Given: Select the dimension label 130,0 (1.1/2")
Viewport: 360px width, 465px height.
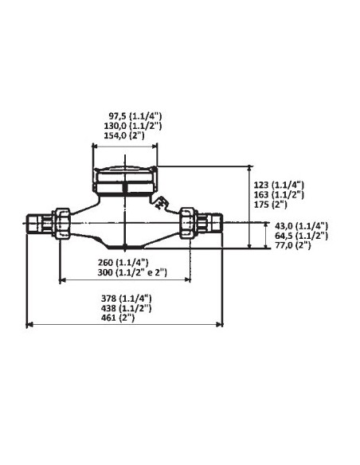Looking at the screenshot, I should pos(125,127).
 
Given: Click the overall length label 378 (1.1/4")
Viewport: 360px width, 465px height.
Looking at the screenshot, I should pos(123,298).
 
